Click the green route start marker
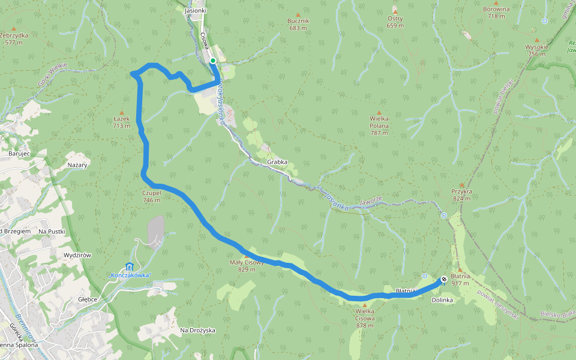click(213, 61)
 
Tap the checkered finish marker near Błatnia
click(443, 279)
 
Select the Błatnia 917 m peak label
click(460, 280)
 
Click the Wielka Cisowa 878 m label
click(365, 318)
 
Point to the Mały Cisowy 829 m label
click(247, 266)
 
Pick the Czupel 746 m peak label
click(151, 196)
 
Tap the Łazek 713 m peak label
click(122, 122)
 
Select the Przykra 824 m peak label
click(461, 194)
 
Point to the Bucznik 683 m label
click(298, 24)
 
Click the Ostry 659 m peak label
click(395, 22)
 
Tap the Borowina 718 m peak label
click(496, 13)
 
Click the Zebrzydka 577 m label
click(15, 38)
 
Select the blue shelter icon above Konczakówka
click(129, 266)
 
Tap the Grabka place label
click(277, 162)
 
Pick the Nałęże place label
click(77, 164)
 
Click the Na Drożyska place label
click(197, 330)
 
